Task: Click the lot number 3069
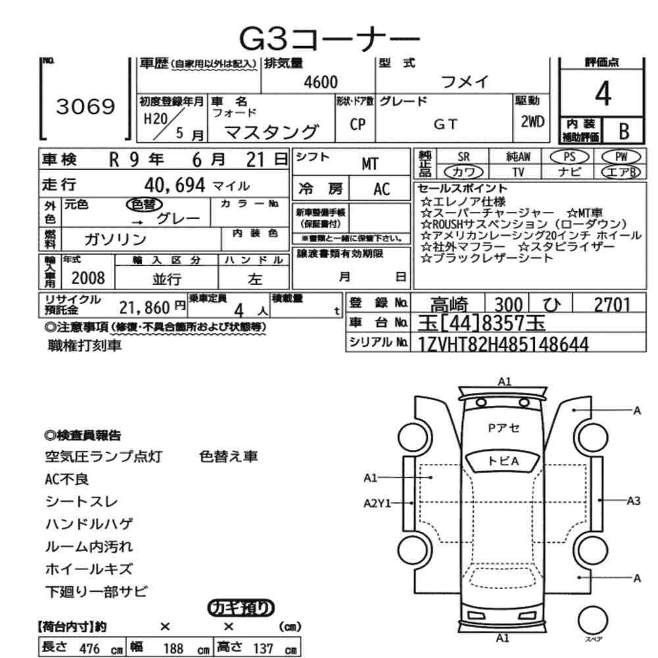click(85, 107)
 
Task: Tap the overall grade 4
click(603, 93)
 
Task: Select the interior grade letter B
click(624, 132)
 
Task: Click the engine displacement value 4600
click(320, 82)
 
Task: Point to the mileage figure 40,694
click(174, 185)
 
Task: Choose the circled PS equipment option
click(569, 157)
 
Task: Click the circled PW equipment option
click(621, 157)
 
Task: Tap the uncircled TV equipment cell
click(519, 172)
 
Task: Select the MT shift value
click(370, 164)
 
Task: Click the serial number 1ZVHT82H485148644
click(503, 344)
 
